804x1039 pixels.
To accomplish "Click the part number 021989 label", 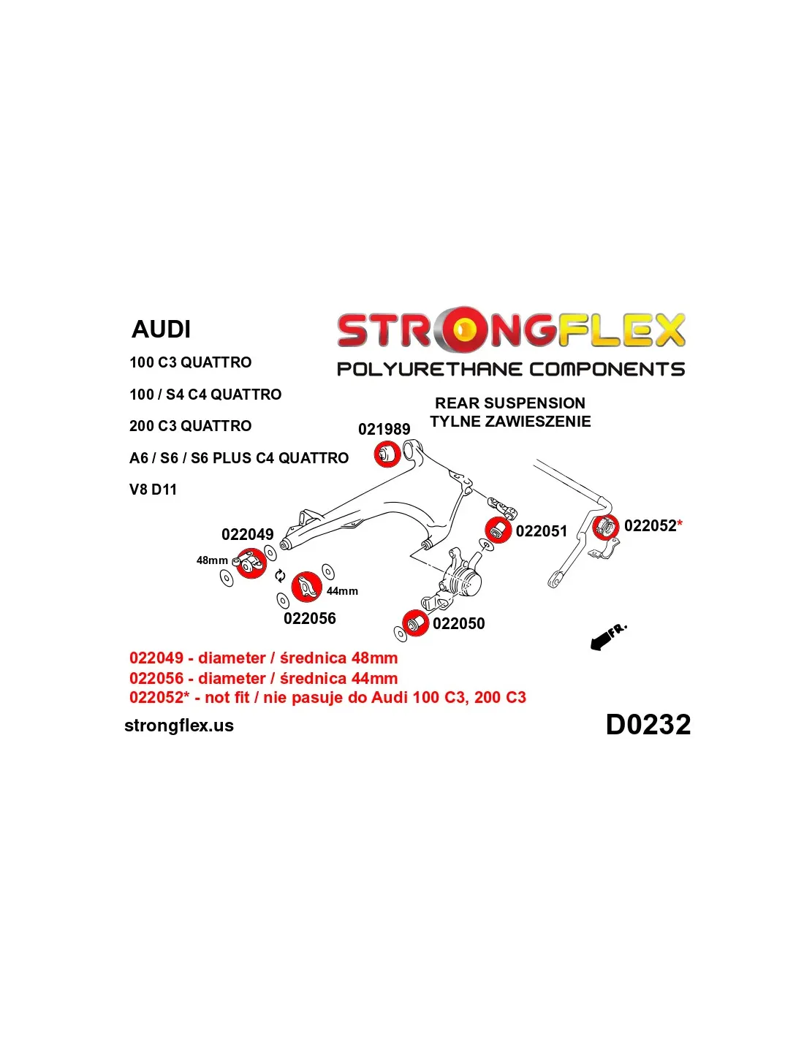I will pos(384,430).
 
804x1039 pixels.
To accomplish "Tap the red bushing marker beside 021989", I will pos(387,454).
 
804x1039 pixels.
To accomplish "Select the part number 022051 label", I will pos(541,531).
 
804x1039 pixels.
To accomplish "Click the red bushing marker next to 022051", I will pos(498,529).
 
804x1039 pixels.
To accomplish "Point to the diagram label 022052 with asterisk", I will pos(653,526).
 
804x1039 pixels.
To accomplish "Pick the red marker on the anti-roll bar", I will pos(605,526).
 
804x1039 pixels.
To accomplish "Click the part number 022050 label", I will pos(458,623).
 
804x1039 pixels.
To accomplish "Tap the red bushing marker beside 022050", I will pos(415,623).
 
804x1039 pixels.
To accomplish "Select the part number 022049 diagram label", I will pos(247,535).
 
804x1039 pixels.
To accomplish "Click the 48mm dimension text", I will pos(212,560).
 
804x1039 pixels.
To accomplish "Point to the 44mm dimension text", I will pos(342,591).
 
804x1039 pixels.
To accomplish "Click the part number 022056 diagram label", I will pos(310,619).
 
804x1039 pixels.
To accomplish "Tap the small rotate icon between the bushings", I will pos(280,576).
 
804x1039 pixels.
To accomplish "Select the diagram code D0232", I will pos(648,725).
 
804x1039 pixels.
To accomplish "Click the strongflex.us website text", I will pos(179,726).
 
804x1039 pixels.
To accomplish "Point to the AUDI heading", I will pos(161,330).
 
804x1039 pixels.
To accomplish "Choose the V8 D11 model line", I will pos(153,490).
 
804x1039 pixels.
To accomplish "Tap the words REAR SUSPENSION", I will pos(510,403).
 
